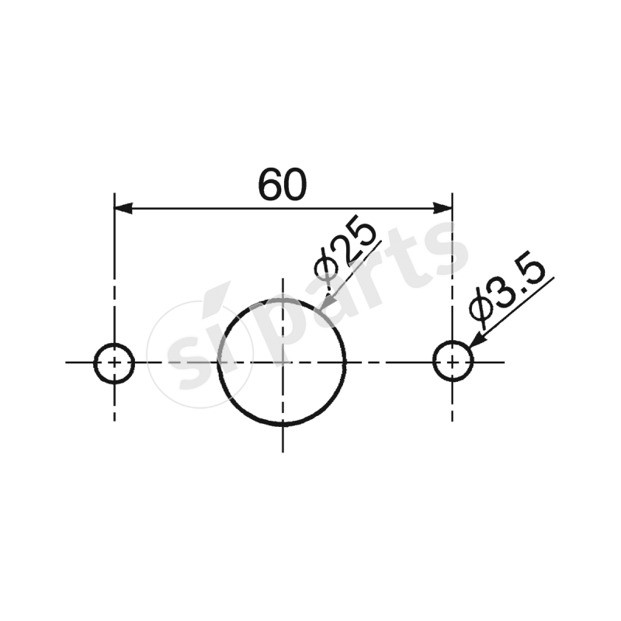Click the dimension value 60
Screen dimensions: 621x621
[x=283, y=185]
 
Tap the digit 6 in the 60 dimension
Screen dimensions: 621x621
[x=270, y=185]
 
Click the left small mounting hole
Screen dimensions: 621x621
[x=114, y=363]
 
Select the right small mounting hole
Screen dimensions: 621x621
[x=453, y=363]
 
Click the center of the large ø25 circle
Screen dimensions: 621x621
[x=283, y=363]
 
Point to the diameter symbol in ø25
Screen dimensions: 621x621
[x=324, y=268]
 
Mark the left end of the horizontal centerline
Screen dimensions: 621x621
[x=68, y=363]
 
